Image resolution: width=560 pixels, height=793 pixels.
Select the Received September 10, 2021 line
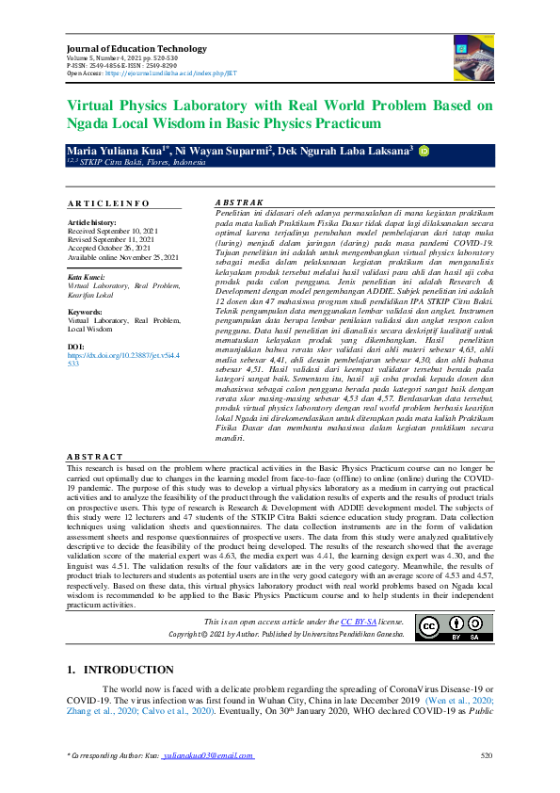(110, 230)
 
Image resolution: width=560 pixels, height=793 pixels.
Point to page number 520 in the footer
(486, 756)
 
